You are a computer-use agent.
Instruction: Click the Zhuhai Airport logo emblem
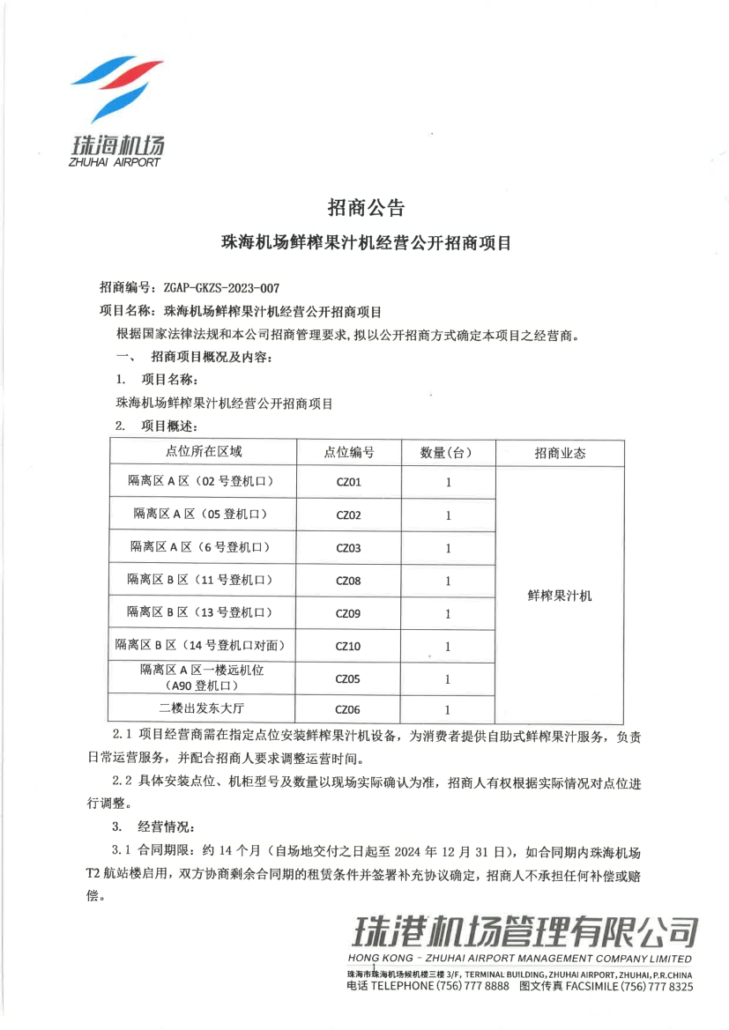tap(116, 91)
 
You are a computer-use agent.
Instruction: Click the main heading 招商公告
tap(365, 208)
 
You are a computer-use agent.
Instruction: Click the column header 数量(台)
tap(447, 452)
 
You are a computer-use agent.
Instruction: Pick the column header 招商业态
tap(560, 453)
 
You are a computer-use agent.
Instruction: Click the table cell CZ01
tap(349, 483)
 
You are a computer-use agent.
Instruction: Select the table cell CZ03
tap(349, 548)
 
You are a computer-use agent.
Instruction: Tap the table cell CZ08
tap(349, 581)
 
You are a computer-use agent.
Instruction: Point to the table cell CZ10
tap(349, 646)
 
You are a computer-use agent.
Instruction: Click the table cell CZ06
tap(349, 709)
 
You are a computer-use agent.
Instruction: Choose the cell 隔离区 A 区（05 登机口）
tap(201, 514)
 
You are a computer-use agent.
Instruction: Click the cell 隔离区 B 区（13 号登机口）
tap(201, 611)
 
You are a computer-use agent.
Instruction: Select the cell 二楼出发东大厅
tap(201, 708)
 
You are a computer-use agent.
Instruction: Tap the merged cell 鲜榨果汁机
tap(560, 596)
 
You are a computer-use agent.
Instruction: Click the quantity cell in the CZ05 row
tap(448, 678)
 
